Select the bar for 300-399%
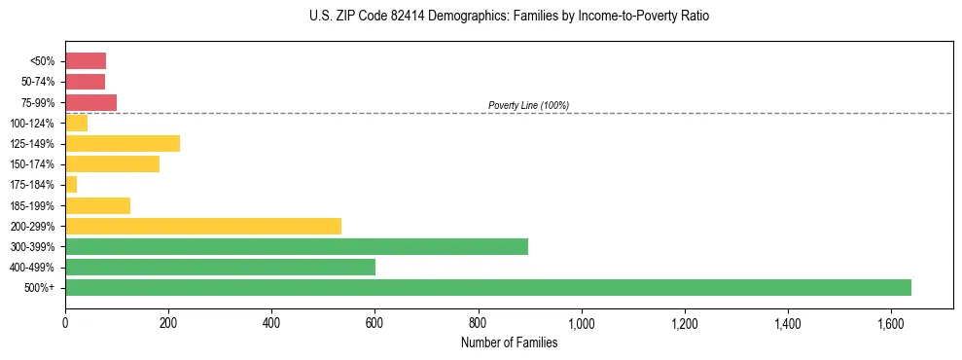[297, 246]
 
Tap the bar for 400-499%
[220, 267]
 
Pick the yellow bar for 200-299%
[203, 226]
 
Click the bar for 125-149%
[123, 144]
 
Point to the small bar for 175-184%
[71, 185]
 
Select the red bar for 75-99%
[90, 102]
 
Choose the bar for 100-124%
[76, 123]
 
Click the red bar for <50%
[86, 61]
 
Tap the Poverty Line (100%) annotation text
[528, 105]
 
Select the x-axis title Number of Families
[509, 342]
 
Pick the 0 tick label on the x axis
[65, 322]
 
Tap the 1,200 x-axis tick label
[685, 322]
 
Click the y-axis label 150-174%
[32, 164]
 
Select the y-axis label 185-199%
[32, 205]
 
